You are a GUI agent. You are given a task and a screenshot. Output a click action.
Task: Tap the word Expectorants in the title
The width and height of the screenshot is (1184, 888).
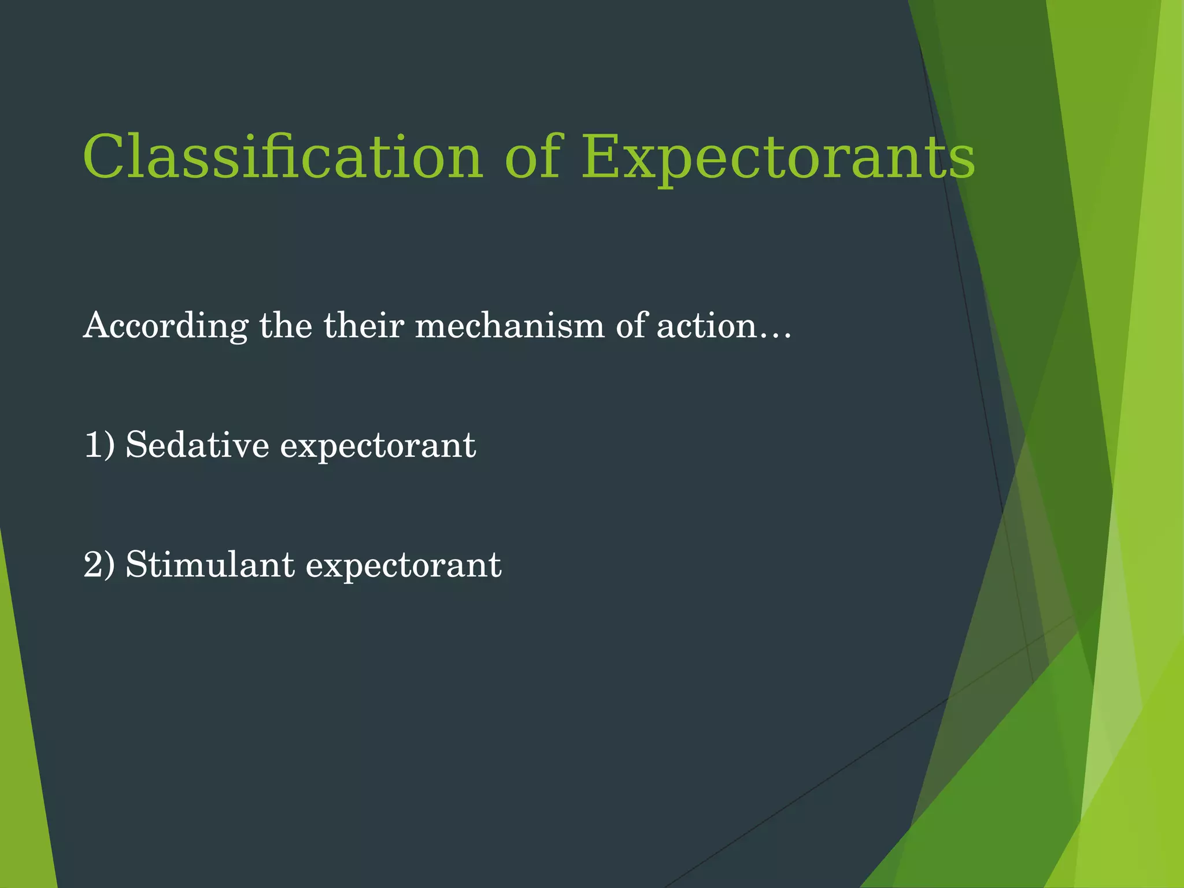pos(778,157)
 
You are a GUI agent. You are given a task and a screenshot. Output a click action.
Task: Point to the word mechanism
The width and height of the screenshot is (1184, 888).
pos(509,325)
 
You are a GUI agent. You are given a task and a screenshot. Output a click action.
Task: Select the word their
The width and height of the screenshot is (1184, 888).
pos(364,325)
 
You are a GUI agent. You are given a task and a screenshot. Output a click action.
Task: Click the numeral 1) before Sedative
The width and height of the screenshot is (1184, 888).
pos(99,445)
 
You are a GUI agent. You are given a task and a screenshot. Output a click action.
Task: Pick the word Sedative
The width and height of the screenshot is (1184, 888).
pos(197,445)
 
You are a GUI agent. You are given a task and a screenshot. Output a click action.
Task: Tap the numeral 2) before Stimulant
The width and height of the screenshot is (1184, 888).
pos(99,565)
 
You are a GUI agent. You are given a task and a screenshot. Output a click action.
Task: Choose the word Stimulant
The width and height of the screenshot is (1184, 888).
pos(210,565)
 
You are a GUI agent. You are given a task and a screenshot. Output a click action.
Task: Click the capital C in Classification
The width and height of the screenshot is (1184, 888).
pos(104,157)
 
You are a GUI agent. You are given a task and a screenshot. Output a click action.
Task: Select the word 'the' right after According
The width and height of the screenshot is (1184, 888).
pos(285,325)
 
